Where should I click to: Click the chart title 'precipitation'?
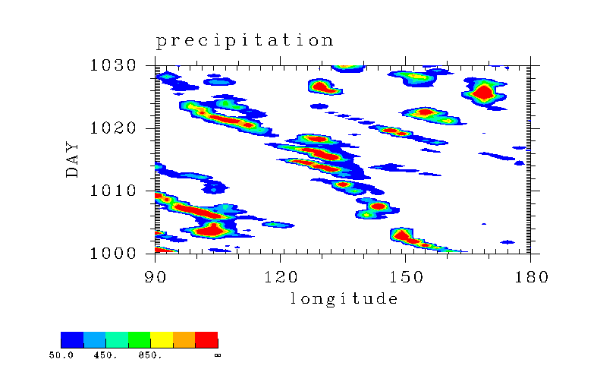click(245, 41)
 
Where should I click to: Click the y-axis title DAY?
click(72, 159)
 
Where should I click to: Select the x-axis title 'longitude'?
click(344, 299)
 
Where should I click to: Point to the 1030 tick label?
click(113, 65)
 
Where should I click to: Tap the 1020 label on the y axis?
click(113, 128)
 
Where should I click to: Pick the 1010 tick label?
click(113, 191)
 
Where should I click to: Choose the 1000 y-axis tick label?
click(113, 253)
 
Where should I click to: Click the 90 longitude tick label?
click(156, 277)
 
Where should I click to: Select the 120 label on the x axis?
click(281, 277)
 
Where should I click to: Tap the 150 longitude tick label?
click(406, 277)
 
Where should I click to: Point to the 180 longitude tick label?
click(531, 277)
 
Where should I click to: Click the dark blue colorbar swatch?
click(72, 339)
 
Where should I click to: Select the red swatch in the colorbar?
click(206, 339)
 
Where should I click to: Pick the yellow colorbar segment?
click(162, 339)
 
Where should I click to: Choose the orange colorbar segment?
click(184, 339)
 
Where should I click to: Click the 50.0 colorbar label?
click(61, 355)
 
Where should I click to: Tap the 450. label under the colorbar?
click(105, 355)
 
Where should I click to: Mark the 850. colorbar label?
click(150, 355)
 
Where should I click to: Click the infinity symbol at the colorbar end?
click(218, 355)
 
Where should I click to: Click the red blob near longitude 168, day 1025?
click(483, 93)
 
